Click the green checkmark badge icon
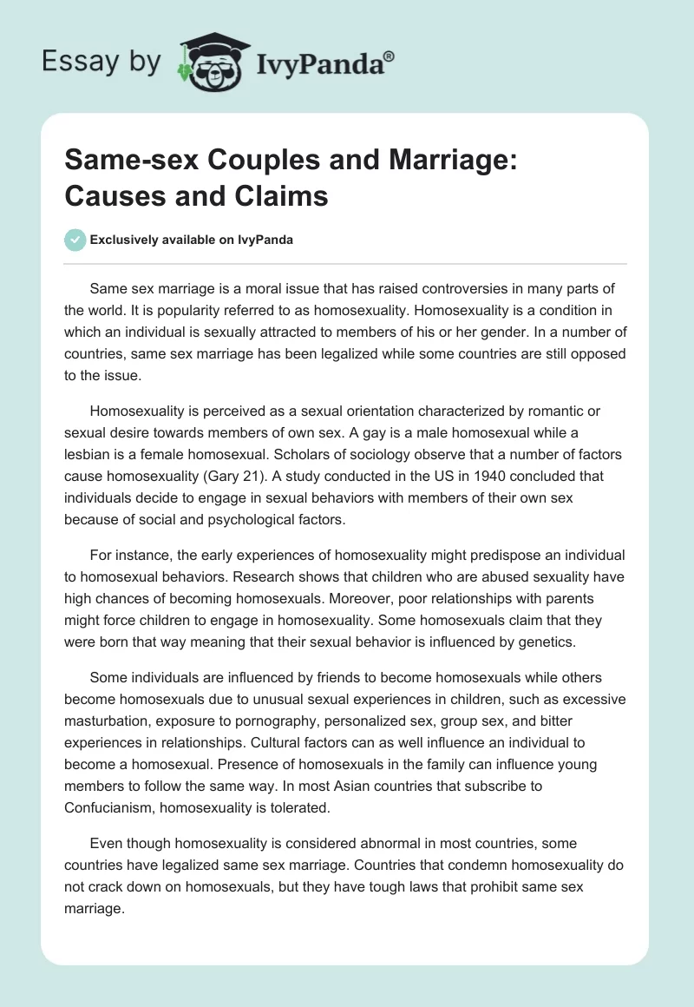pyautogui.click(x=75, y=240)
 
